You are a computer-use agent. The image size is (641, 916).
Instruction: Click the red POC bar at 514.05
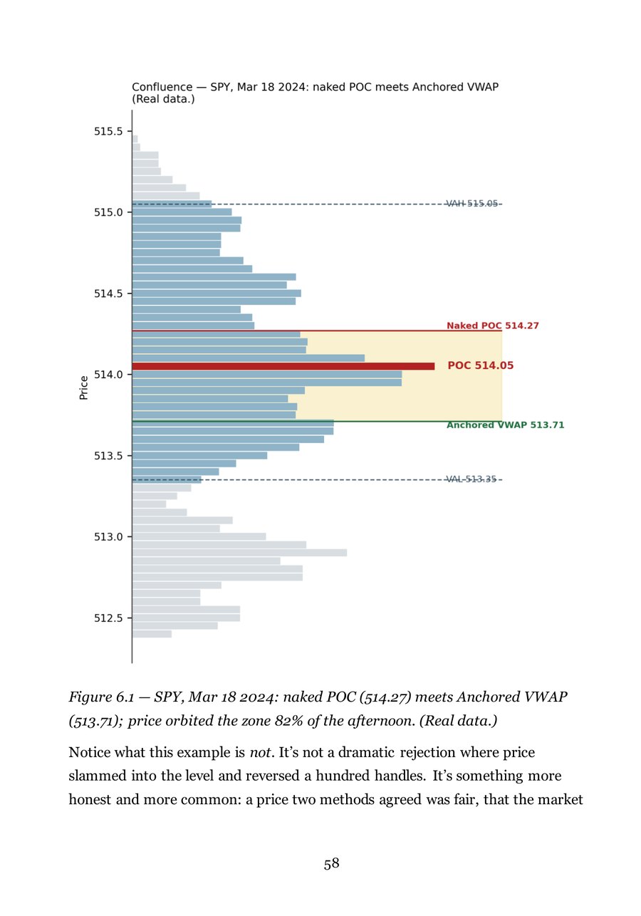tap(283, 366)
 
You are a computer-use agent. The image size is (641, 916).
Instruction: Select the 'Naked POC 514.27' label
tap(493, 326)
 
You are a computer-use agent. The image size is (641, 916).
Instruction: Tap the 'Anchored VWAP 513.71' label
tap(505, 425)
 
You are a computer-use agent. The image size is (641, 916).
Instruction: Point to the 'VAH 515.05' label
tap(472, 203)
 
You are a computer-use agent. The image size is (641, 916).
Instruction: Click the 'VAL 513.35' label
tap(471, 479)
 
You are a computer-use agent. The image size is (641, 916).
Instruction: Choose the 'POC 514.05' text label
tap(480, 365)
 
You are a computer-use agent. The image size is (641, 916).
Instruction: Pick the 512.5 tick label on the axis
tap(108, 618)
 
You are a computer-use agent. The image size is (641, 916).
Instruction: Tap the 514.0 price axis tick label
tap(108, 375)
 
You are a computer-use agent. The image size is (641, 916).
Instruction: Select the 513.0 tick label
tap(108, 536)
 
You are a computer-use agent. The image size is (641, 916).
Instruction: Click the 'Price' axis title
tap(84, 387)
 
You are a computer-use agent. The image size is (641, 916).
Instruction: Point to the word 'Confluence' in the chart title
tap(162, 87)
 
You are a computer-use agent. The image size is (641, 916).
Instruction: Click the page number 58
tap(331, 863)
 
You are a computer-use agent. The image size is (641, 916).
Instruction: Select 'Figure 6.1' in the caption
tap(101, 697)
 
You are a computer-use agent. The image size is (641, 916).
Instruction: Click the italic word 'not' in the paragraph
tap(260, 752)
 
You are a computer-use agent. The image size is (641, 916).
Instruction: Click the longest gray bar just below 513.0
tap(239, 553)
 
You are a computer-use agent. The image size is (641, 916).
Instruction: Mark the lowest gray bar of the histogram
tap(152, 634)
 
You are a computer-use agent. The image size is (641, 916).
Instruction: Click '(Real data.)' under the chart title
tap(163, 99)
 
